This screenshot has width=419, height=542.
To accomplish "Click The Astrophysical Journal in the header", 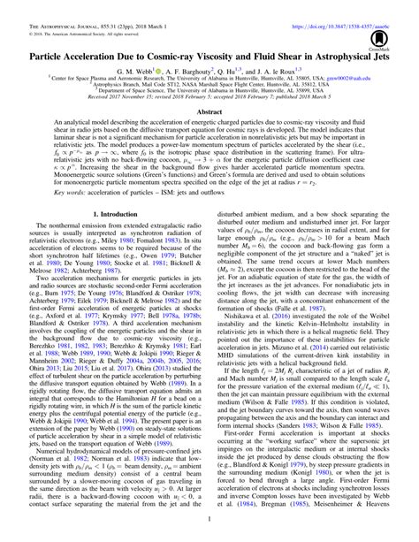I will [x=55, y=8].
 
